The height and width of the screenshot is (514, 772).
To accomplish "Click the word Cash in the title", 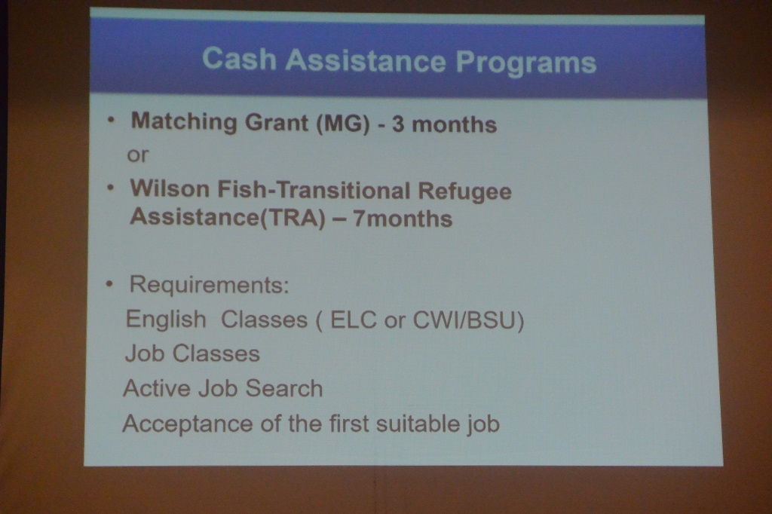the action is pos(239,59).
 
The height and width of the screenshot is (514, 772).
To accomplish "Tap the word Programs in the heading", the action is pos(525,63).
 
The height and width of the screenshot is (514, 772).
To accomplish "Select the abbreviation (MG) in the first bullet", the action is pos(343,123).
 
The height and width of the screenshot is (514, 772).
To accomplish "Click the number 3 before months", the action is pos(398,124).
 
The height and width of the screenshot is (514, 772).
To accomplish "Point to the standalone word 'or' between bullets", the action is pos(137,155).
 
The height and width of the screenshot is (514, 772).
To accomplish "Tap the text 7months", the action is pos(403,219).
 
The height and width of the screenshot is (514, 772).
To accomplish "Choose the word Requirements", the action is pos(209,285).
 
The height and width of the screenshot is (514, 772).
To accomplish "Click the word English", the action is pos(166,320).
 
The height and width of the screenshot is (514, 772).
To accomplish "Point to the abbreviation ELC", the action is pos(353,320).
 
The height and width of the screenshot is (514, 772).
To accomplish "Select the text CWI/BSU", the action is pos(464,320).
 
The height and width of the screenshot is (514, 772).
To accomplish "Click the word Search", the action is pos(284,388).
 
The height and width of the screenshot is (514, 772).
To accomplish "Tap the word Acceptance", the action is pos(187,424).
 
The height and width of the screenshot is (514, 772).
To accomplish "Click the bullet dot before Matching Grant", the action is pos(112,119).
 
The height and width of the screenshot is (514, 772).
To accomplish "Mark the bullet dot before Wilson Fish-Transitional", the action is pos(111,187).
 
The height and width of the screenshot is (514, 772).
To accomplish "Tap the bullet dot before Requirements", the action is pos(109,284).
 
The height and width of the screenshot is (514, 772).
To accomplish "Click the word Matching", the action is pos(184,121).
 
